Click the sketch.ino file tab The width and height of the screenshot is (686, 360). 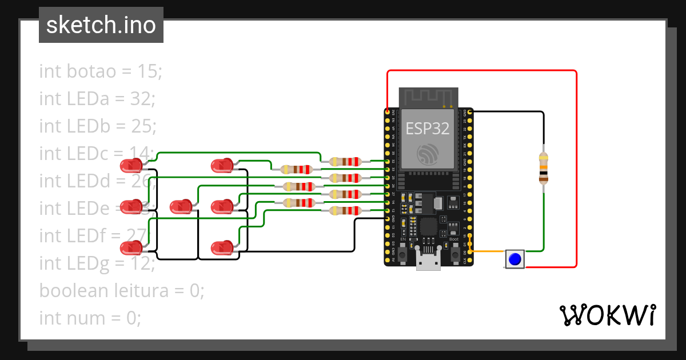click(101, 25)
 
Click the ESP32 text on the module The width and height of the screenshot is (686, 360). click(428, 128)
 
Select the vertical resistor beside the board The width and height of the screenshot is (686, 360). click(543, 168)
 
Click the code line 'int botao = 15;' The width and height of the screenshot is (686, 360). click(101, 71)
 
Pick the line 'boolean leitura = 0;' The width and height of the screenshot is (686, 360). click(121, 290)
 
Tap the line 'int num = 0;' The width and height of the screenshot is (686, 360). click(90, 318)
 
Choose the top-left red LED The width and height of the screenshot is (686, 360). click(131, 166)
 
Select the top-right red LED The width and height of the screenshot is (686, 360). click(222, 166)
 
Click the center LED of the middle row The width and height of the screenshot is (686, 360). click(181, 206)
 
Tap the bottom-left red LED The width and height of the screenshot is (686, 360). click(131, 248)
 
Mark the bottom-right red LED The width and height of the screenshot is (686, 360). click(222, 248)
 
